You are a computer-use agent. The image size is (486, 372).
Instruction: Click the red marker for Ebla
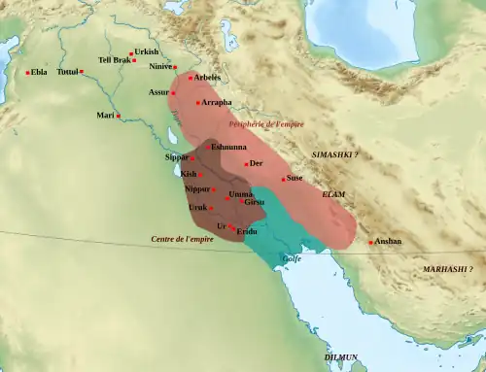pyautogui.click(x=27, y=72)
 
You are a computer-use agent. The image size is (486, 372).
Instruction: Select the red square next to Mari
pyautogui.click(x=119, y=117)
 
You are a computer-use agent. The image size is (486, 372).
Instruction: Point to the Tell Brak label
pyautogui.click(x=114, y=60)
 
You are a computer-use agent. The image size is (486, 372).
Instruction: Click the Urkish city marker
pyautogui.click(x=131, y=52)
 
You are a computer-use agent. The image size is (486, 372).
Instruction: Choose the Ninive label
pyautogui.click(x=161, y=67)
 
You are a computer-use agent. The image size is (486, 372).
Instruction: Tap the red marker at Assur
pyautogui.click(x=174, y=92)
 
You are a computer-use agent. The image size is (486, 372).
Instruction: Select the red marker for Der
pyautogui.click(x=247, y=164)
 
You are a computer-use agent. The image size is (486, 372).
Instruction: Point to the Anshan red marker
pyautogui.click(x=370, y=243)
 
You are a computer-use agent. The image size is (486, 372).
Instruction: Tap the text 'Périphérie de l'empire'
pyautogui.click(x=265, y=125)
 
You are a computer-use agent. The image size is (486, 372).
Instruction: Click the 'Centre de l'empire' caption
pyautogui.click(x=182, y=239)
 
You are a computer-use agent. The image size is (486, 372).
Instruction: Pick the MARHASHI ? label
pyautogui.click(x=448, y=268)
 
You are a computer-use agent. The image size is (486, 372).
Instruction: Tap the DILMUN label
pyautogui.click(x=340, y=357)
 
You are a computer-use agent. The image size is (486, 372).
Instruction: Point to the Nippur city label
pyautogui.click(x=198, y=188)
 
